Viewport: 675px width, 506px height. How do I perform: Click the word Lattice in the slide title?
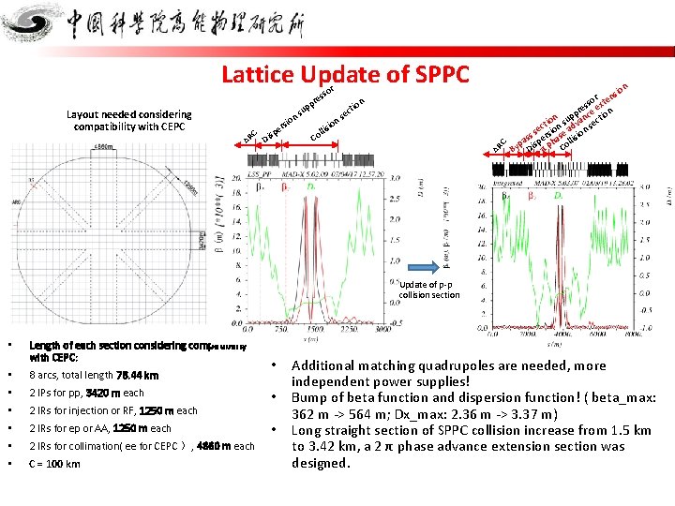point(258,74)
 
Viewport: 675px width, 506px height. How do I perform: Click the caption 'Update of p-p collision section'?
point(430,290)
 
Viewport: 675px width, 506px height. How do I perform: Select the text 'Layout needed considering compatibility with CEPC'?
point(129,120)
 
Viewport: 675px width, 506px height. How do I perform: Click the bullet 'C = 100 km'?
point(55,464)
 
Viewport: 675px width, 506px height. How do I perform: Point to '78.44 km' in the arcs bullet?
point(138,375)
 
